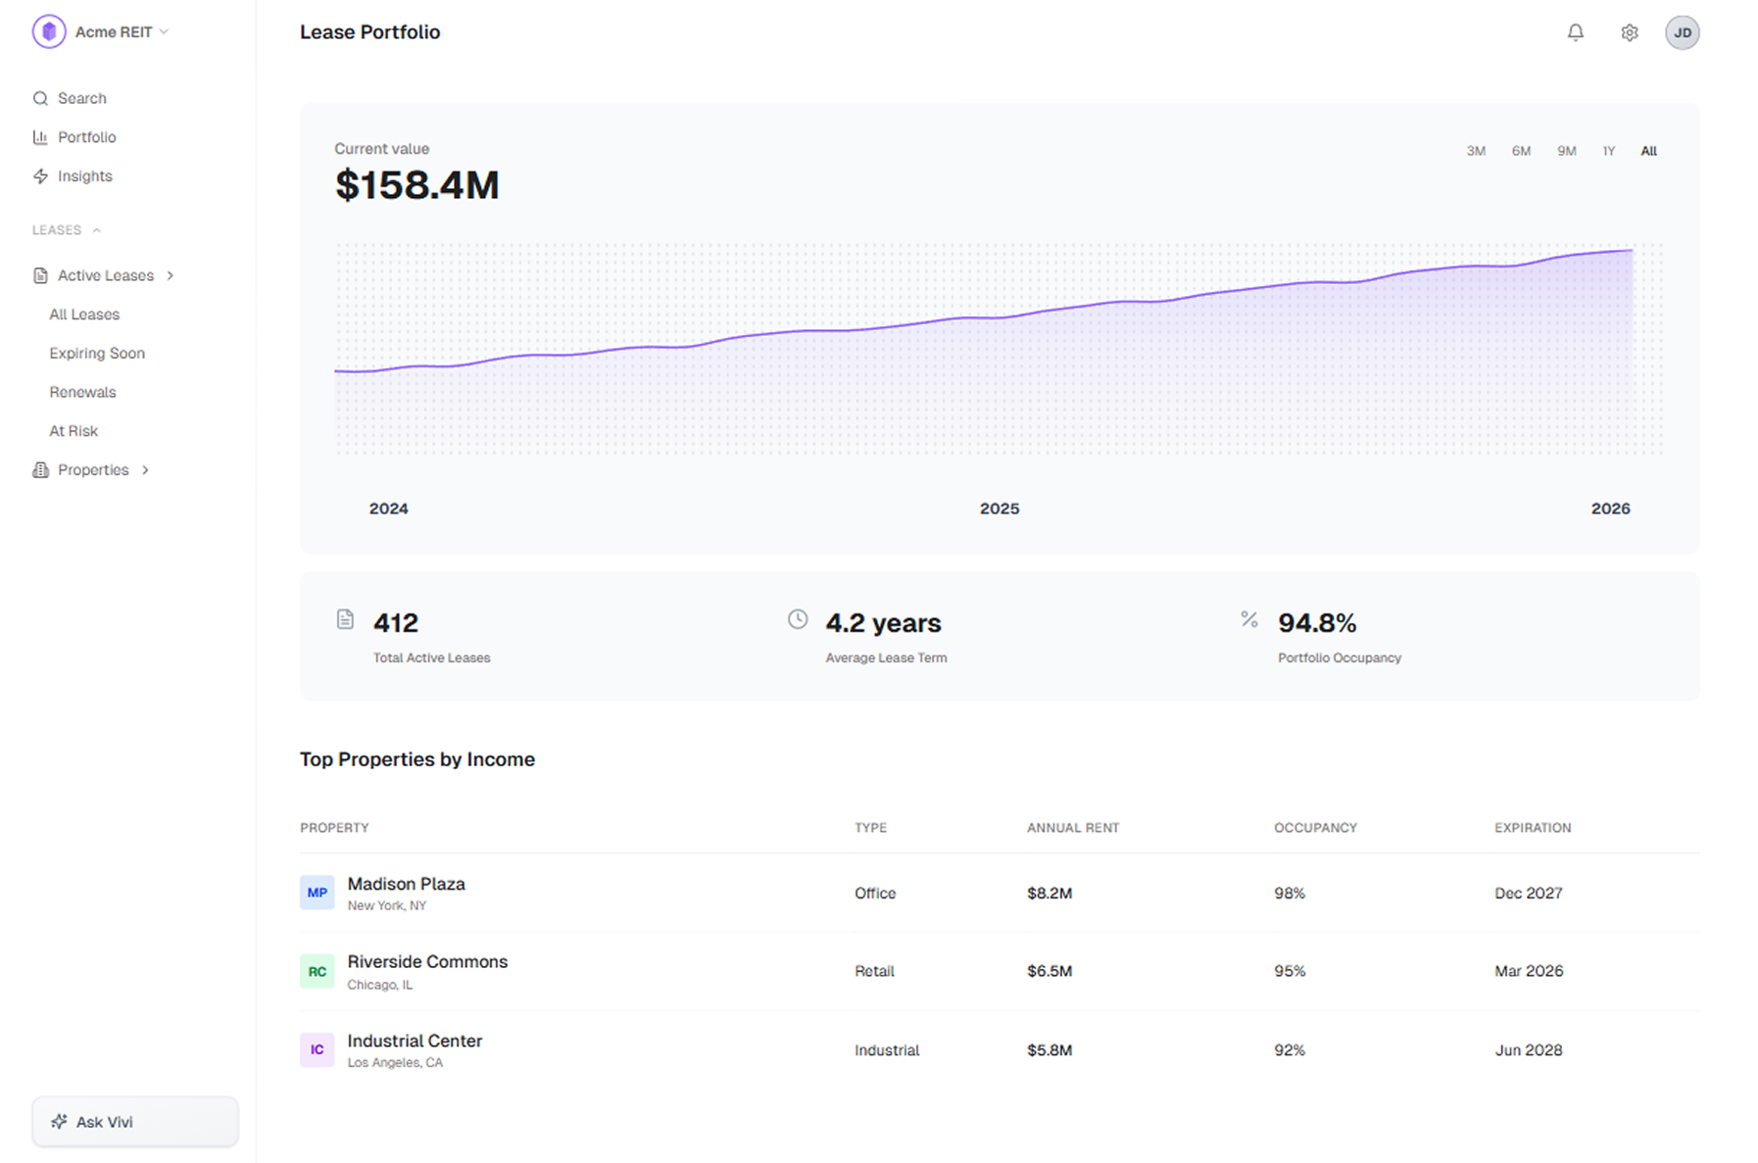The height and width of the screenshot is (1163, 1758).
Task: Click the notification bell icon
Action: [x=1575, y=32]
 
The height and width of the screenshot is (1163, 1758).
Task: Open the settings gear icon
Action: [x=1629, y=32]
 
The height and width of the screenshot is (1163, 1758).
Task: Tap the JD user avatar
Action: [x=1682, y=32]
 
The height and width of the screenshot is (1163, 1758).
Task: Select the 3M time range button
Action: [x=1475, y=151]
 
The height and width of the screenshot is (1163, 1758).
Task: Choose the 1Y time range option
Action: [x=1608, y=151]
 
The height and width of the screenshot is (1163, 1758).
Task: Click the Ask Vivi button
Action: [x=134, y=1121]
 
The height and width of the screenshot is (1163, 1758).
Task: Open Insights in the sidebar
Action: [x=84, y=176]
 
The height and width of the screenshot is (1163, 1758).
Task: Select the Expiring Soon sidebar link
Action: [x=97, y=353]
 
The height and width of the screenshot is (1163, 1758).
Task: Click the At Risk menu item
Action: [x=73, y=431]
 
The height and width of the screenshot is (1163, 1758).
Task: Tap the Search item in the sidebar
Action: [x=81, y=98]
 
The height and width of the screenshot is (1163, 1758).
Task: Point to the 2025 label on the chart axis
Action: [x=999, y=509]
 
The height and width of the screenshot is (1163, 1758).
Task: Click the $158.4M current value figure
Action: [x=416, y=185]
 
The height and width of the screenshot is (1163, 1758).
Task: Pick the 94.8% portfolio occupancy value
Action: [x=1316, y=623]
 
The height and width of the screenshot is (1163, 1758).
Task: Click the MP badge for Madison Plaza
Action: [x=317, y=893]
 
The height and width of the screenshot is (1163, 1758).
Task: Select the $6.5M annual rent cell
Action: [x=1049, y=971]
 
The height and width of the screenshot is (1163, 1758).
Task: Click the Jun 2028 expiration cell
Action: [x=1528, y=1049]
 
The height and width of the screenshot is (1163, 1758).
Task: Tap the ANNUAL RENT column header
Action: [x=1072, y=828]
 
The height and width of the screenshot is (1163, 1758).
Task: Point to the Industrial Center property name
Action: [x=415, y=1041]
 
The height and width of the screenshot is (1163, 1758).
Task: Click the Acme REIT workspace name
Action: [x=114, y=32]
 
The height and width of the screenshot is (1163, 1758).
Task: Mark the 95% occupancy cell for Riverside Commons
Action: [x=1289, y=971]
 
